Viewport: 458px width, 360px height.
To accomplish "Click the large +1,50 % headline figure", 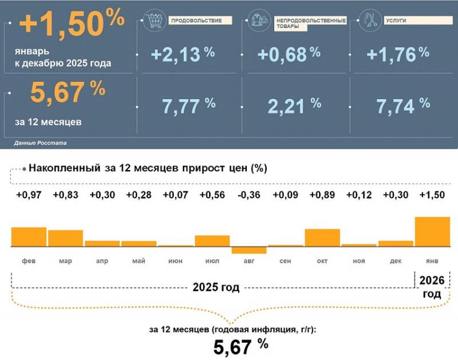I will click(x=72, y=24).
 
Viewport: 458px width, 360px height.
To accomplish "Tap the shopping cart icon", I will click(x=153, y=21).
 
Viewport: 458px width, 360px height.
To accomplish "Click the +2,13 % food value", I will click(x=183, y=54).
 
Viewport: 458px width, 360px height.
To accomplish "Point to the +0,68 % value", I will click(x=289, y=54).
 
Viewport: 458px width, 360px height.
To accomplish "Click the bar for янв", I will click(x=432, y=231).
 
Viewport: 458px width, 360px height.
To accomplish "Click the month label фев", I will click(x=29, y=261).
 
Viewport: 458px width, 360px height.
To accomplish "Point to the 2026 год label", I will click(x=431, y=287).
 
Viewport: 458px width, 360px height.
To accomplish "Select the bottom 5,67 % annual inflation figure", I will click(x=240, y=346).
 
